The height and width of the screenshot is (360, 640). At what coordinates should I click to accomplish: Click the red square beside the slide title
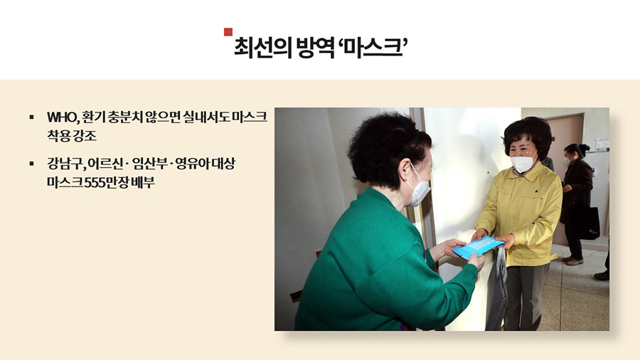[x=228, y=32]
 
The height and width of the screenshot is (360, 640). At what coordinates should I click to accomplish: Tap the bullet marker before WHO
[x=32, y=117]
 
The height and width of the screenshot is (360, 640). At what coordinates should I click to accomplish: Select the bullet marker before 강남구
[x=32, y=164]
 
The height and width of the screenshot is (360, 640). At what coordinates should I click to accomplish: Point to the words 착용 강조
[x=72, y=135]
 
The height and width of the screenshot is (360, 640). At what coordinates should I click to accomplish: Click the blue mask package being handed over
[x=478, y=246]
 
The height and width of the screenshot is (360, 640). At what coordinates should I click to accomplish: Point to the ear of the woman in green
[x=405, y=168]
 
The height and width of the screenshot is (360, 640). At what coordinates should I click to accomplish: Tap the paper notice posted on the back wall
[x=602, y=145]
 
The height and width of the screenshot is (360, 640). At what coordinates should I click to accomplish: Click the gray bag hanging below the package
[x=497, y=290]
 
